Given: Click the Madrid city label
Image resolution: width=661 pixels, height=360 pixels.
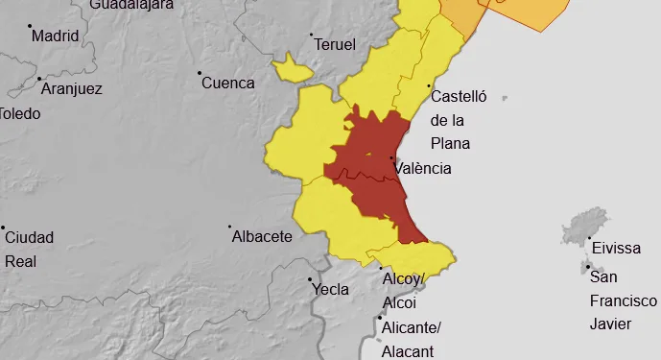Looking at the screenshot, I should (54, 36).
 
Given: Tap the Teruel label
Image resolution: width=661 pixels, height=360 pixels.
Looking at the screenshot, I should (334, 45).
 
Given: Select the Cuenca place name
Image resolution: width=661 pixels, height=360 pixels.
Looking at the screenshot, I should (228, 83).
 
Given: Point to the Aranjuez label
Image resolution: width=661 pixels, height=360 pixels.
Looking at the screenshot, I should (71, 89).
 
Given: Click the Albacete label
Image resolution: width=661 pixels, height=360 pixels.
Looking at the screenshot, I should (262, 236).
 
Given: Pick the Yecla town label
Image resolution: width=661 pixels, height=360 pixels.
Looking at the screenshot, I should (331, 288).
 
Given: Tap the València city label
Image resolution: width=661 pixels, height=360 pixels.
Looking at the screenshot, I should (422, 168).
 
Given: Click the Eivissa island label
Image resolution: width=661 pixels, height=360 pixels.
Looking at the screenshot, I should (615, 248).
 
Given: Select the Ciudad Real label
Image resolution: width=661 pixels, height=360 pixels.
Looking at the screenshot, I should (29, 249).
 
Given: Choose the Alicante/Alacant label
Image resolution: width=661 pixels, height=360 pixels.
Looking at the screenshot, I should (411, 339).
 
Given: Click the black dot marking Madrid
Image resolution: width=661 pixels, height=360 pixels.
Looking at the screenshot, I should (29, 26).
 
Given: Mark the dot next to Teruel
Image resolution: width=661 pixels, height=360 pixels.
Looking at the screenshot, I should (311, 36).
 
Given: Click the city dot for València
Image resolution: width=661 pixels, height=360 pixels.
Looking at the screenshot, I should (391, 158).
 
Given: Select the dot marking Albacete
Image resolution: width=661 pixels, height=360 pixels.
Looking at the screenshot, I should (230, 228).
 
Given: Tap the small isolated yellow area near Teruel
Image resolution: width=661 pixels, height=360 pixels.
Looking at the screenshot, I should (292, 68).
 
